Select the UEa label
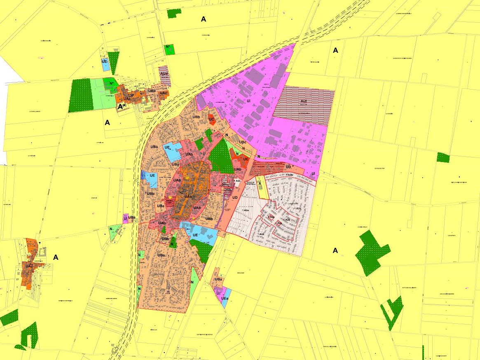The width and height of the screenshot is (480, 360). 225,298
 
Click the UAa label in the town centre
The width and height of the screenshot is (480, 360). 188,196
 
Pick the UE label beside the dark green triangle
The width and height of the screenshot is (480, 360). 105,62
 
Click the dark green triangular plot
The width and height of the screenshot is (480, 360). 113,62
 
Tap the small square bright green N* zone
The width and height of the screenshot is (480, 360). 169,49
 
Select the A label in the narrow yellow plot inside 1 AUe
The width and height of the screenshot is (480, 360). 260,184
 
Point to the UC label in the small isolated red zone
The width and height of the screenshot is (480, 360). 211,120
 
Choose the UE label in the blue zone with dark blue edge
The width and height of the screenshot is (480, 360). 152,175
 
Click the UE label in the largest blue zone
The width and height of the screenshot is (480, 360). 195,235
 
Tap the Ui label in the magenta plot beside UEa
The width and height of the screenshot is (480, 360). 218,293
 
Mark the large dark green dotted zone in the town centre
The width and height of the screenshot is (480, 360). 221,156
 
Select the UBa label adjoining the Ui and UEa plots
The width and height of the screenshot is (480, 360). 218,280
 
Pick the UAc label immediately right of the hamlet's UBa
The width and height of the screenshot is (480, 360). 164,93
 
